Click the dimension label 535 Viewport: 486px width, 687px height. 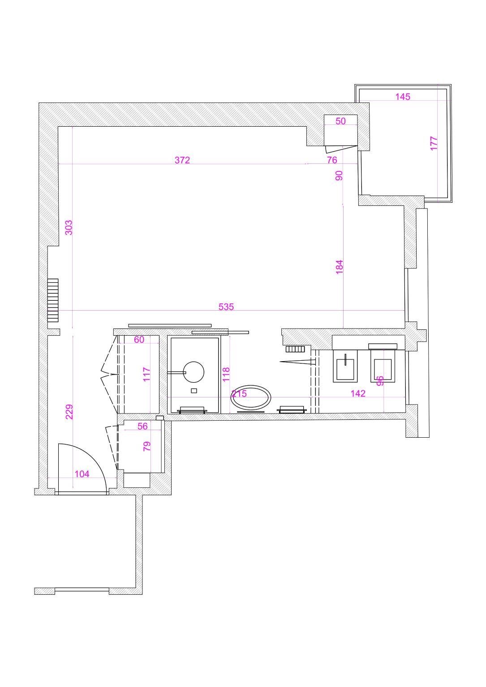coord(226,307)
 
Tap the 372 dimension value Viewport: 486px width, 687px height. coord(182,160)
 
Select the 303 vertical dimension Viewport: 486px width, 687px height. coord(69,227)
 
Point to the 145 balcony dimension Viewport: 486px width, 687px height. coord(403,97)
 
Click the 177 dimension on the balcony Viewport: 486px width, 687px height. coord(434,143)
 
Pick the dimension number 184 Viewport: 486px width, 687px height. coord(339,267)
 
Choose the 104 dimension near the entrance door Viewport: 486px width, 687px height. coord(82,474)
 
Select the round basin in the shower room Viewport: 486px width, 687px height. coord(194,371)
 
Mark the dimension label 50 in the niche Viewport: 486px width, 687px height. coord(341,121)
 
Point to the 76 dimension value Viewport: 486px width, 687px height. coord(332,160)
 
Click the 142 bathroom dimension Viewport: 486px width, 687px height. coord(358,393)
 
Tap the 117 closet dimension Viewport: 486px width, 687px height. coord(146,374)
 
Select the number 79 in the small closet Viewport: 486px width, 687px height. coord(146,446)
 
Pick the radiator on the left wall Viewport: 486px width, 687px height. coord(53,300)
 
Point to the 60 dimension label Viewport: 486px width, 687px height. coord(139,340)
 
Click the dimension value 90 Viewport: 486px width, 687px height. coord(339,175)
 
